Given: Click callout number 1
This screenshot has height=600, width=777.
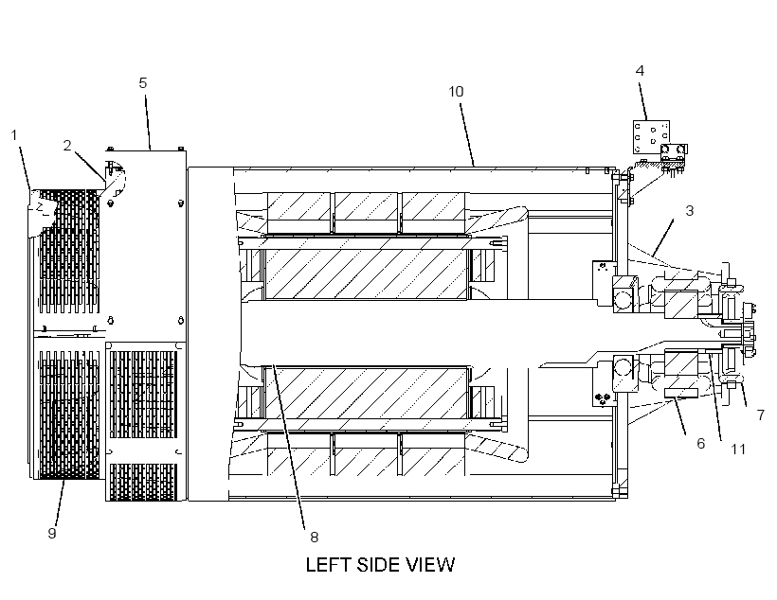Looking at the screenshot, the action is click(x=14, y=134).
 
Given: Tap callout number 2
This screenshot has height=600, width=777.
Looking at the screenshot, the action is click(x=67, y=145).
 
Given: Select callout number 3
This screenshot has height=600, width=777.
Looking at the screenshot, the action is click(x=689, y=210).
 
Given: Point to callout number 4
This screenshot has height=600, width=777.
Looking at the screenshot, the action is click(x=640, y=71).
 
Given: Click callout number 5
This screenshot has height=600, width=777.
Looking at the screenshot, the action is click(x=143, y=82).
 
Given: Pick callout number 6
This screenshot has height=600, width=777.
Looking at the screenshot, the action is click(x=700, y=443).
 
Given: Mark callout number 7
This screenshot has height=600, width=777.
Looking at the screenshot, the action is click(x=761, y=415).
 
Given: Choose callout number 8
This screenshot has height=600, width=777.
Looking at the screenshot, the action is click(x=315, y=537).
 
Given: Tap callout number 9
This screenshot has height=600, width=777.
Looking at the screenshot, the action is click(x=52, y=533).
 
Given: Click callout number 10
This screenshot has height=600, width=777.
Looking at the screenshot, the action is click(x=456, y=92).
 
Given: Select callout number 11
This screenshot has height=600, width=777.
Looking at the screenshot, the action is click(x=738, y=449).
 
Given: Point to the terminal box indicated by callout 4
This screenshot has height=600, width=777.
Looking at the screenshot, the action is click(x=652, y=136).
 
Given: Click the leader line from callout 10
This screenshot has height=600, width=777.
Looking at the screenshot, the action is click(x=467, y=134).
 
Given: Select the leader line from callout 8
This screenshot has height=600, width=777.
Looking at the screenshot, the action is click(x=289, y=447).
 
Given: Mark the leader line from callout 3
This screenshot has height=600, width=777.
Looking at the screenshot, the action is click(x=663, y=238).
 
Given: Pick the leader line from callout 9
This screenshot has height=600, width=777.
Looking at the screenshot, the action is click(x=60, y=503).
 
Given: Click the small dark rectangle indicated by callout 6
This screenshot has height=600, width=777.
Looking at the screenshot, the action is click(x=681, y=393).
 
